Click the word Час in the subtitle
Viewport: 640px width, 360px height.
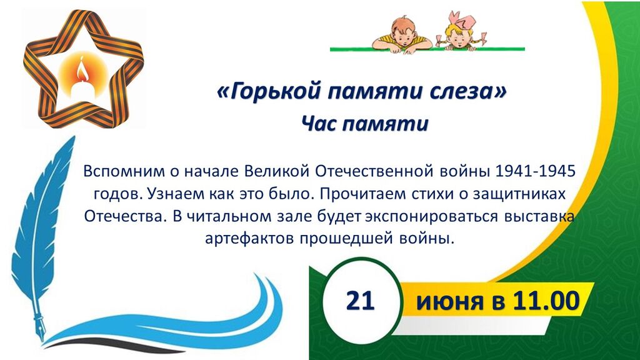coord(318,123)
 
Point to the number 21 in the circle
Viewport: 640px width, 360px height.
coord(361,301)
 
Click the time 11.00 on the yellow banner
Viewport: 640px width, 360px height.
coord(546,301)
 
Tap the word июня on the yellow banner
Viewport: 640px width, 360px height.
coord(448,302)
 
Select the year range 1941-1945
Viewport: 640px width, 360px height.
coord(535,171)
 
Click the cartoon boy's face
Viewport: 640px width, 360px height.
coord(402,31)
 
